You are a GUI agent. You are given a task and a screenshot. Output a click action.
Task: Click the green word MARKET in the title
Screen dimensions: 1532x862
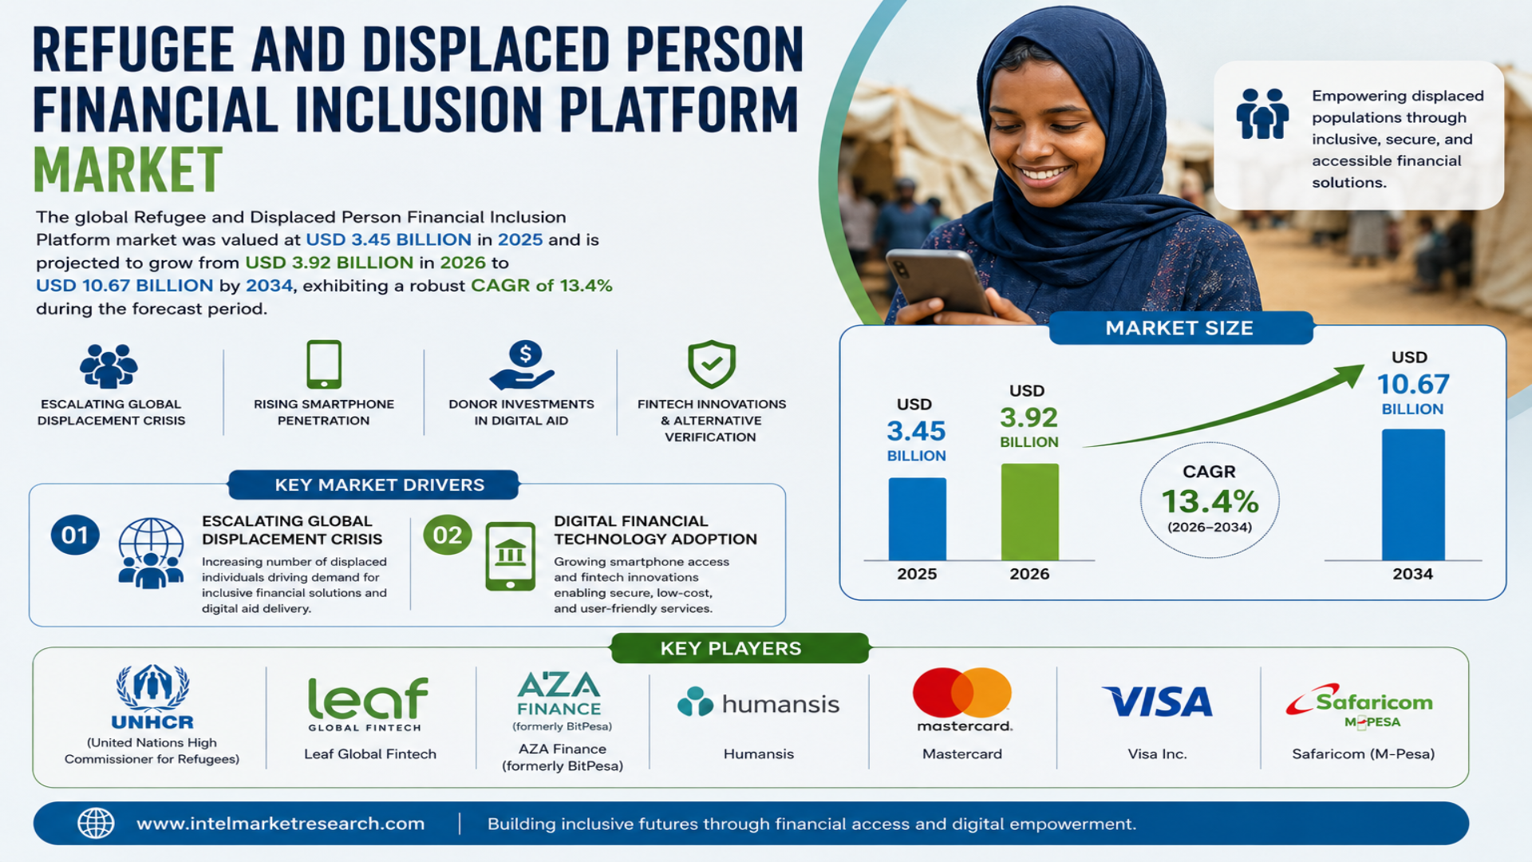coord(128,169)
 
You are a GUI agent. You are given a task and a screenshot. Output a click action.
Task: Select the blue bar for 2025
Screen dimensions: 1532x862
coord(917,519)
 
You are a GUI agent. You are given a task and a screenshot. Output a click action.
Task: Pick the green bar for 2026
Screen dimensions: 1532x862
coord(1030,512)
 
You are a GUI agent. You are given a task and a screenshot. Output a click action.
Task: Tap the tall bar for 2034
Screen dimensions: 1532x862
coord(1413,495)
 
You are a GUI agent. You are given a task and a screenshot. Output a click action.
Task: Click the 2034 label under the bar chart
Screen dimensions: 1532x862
coord(1412,574)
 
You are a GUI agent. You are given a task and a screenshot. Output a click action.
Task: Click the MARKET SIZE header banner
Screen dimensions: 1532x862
coord(1180,328)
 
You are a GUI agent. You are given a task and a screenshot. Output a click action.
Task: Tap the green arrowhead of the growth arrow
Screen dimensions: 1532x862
coord(1350,375)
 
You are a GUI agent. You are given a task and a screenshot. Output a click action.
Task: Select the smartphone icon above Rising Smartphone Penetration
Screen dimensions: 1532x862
coord(324,365)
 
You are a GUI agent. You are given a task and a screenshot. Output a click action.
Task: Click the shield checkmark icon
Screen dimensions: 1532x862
coord(712,364)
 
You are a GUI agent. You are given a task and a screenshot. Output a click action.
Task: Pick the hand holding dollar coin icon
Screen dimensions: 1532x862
coord(523,366)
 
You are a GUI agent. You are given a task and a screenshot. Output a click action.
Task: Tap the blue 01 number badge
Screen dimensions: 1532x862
coord(75,535)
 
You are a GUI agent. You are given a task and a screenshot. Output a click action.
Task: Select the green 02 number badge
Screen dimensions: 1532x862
coord(448,535)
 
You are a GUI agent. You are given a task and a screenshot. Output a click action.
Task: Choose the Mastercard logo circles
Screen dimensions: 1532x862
coord(962,693)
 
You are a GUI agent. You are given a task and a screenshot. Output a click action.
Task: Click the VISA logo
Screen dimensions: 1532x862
coord(1157,702)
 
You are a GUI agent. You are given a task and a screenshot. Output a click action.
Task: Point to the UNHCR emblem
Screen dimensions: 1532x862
coord(152,687)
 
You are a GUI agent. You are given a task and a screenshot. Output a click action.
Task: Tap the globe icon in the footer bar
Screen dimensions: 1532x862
coord(96,823)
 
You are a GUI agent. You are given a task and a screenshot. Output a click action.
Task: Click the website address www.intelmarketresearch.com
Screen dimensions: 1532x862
coord(281,824)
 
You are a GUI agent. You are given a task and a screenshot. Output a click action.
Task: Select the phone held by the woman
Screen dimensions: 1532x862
coord(940,283)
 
